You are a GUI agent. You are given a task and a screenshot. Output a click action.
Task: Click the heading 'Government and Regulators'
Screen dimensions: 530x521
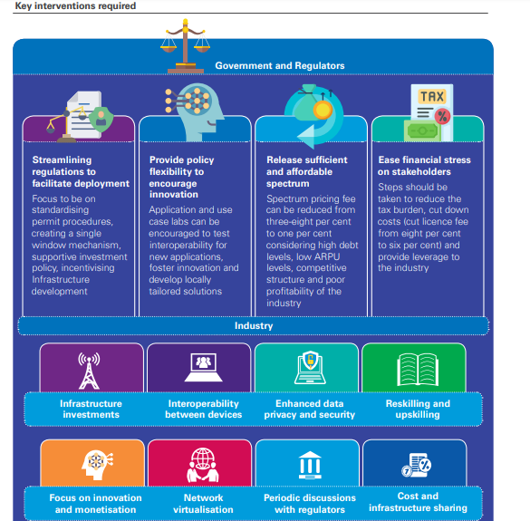click(x=267, y=66)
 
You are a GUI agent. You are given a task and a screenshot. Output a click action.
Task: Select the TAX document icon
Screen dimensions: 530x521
click(x=429, y=111)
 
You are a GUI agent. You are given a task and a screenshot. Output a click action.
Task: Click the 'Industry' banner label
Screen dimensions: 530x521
click(x=254, y=326)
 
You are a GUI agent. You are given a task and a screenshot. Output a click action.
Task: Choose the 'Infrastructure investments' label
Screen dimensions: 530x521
click(x=91, y=409)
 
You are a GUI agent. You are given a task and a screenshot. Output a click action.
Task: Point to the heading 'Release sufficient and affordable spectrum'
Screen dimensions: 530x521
click(x=306, y=171)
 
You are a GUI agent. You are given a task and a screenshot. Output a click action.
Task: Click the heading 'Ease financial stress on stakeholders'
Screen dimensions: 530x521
click(x=424, y=166)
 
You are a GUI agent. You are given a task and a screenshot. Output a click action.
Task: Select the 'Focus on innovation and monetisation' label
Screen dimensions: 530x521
click(x=97, y=503)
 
